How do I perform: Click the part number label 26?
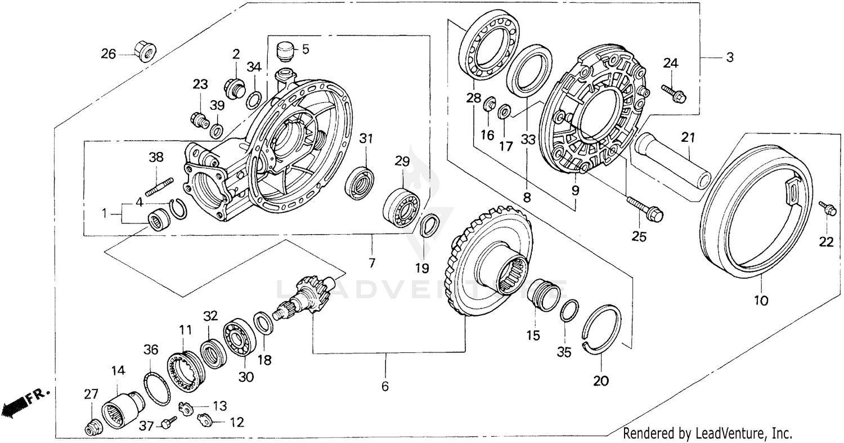click(108, 54)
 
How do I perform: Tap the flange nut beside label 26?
click(146, 51)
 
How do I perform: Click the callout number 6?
click(385, 387)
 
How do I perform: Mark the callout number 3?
click(729, 57)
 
